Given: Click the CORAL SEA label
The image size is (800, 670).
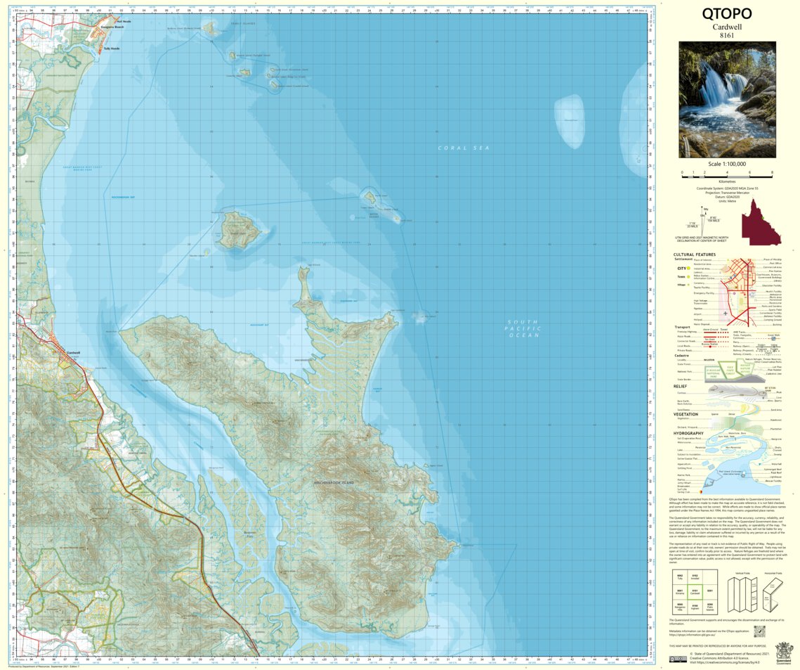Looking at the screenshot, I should point(463,148).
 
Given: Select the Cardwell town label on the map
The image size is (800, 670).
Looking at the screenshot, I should point(74,353).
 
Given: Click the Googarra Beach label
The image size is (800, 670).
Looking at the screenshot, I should point(112,26).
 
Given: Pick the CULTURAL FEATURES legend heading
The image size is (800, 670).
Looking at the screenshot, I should point(695,255).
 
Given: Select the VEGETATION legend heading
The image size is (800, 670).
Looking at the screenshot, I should point(686,414).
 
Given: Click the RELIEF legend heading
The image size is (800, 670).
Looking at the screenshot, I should point(680,386).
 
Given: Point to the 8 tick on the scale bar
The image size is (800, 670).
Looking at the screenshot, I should point(772,172).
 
